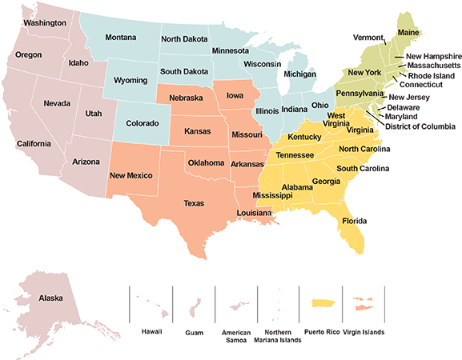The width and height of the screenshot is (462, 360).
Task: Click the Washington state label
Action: (x=44, y=22)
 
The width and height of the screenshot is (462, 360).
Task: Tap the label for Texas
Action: (x=194, y=203)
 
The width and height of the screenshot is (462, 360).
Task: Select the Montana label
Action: (x=121, y=38)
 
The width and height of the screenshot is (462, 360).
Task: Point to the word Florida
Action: (x=354, y=220)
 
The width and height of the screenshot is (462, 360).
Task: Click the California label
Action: (x=34, y=144)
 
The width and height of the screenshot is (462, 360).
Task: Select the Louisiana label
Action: (x=253, y=213)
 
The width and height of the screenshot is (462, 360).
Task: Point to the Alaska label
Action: (x=50, y=298)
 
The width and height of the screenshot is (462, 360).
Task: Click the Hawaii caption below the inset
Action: (x=151, y=330)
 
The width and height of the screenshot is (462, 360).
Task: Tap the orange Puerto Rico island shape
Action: (x=321, y=302)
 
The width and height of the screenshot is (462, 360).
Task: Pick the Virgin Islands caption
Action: (x=363, y=330)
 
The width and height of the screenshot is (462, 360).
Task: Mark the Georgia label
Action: (x=326, y=182)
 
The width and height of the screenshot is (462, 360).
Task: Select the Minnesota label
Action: (x=230, y=51)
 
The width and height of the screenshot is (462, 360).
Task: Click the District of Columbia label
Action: (x=420, y=126)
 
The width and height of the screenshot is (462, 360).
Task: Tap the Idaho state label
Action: (x=78, y=62)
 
